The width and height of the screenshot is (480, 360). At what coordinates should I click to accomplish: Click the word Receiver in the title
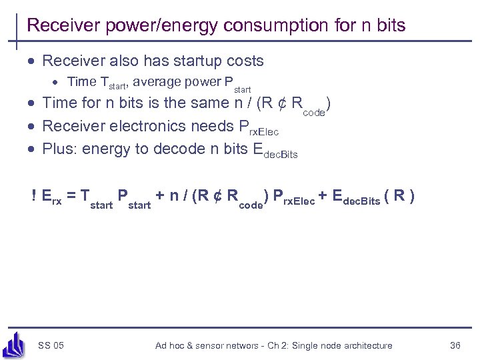[57, 26]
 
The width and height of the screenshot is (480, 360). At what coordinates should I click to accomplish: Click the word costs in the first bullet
[243, 61]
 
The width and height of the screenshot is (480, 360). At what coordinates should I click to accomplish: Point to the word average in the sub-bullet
[163, 82]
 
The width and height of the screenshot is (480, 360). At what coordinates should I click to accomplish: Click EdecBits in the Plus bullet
[275, 151]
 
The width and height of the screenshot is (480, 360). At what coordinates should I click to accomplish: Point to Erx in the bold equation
[51, 196]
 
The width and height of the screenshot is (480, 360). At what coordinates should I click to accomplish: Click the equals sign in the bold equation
[70, 196]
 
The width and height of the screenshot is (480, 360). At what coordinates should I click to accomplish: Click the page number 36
[455, 345]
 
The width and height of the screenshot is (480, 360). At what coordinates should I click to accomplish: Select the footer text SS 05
[51, 345]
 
